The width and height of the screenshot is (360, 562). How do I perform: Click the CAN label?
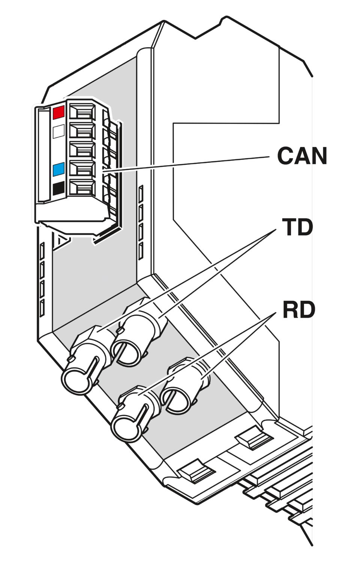point(302,156)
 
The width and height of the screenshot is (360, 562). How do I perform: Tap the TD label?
point(297,227)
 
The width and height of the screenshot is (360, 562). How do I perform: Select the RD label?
point(299,310)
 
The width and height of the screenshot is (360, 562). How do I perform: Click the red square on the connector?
point(59,112)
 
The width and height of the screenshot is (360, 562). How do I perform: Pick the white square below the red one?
point(59,131)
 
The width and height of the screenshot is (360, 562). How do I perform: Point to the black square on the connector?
point(59,189)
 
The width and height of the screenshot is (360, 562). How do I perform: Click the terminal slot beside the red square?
point(82,111)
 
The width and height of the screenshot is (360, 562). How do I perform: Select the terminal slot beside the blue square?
point(82,168)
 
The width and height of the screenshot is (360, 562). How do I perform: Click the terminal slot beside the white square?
point(82,130)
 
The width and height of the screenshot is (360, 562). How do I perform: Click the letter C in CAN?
point(285,156)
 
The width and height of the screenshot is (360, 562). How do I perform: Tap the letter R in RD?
point(291,310)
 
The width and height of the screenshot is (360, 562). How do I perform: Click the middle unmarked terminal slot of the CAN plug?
point(82,149)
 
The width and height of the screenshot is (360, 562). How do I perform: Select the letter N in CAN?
point(319,156)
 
